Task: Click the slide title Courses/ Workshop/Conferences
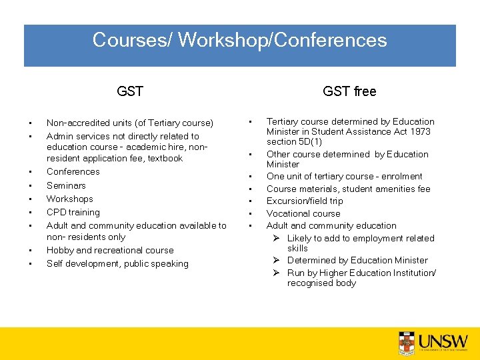click(239, 40)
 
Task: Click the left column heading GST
click(130, 91)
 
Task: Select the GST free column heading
click(349, 91)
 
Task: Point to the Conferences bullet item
click(73, 171)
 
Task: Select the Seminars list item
click(66, 185)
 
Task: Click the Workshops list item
click(69, 199)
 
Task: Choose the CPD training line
click(73, 212)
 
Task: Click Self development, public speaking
click(117, 263)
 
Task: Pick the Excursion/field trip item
click(305, 201)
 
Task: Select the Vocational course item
click(303, 213)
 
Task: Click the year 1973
click(420, 131)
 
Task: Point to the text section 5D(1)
click(295, 141)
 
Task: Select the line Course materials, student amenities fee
click(348, 189)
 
